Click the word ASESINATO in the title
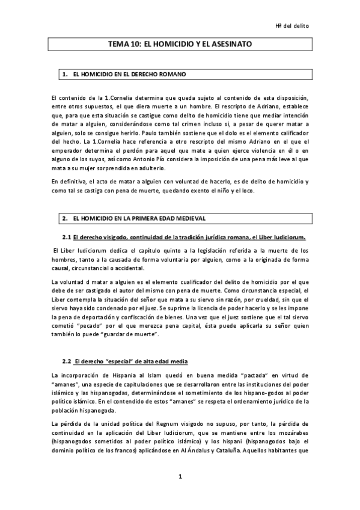[x=230, y=45]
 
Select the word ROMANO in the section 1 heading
[x=171, y=75]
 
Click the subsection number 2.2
[x=67, y=361]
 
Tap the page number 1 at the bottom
[x=180, y=477]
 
